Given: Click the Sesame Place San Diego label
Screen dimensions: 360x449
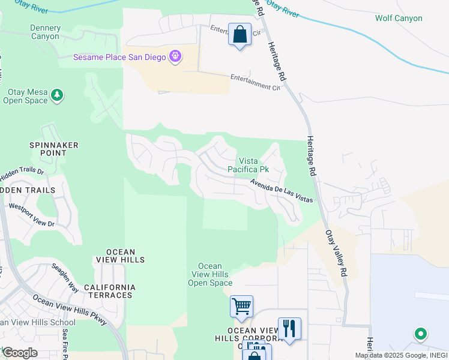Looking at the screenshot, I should pos(120,58).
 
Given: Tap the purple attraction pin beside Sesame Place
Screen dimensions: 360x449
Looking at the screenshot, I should pos(175,57).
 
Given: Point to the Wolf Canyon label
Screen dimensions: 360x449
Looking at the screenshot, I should pos(399,18).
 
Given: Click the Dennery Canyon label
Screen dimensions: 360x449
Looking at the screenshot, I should pos(45,32).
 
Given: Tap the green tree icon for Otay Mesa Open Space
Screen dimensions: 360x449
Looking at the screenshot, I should pos(57,95).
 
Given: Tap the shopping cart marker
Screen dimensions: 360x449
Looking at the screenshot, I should pos(241,307).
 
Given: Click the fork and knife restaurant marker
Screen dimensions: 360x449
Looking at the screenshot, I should pos(289,328).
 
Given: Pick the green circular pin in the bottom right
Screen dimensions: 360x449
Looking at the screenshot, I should pos(421,334).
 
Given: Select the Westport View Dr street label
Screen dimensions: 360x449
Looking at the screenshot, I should pos(31,215).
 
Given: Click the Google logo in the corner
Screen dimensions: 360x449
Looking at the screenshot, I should pos(20,352).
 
